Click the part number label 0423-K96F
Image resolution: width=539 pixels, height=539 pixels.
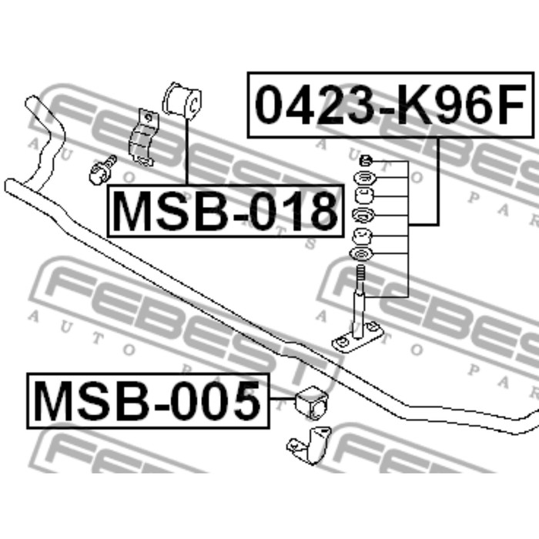click(390, 105)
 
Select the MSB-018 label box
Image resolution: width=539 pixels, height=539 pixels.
click(226, 211)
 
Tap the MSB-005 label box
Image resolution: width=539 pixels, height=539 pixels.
click(148, 401)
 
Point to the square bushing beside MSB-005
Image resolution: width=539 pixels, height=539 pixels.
click(311, 403)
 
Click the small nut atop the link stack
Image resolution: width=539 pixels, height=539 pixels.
click(366, 160)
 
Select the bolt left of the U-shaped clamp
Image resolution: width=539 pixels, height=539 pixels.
click(102, 170)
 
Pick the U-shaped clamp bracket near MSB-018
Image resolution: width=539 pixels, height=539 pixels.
click(144, 138)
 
